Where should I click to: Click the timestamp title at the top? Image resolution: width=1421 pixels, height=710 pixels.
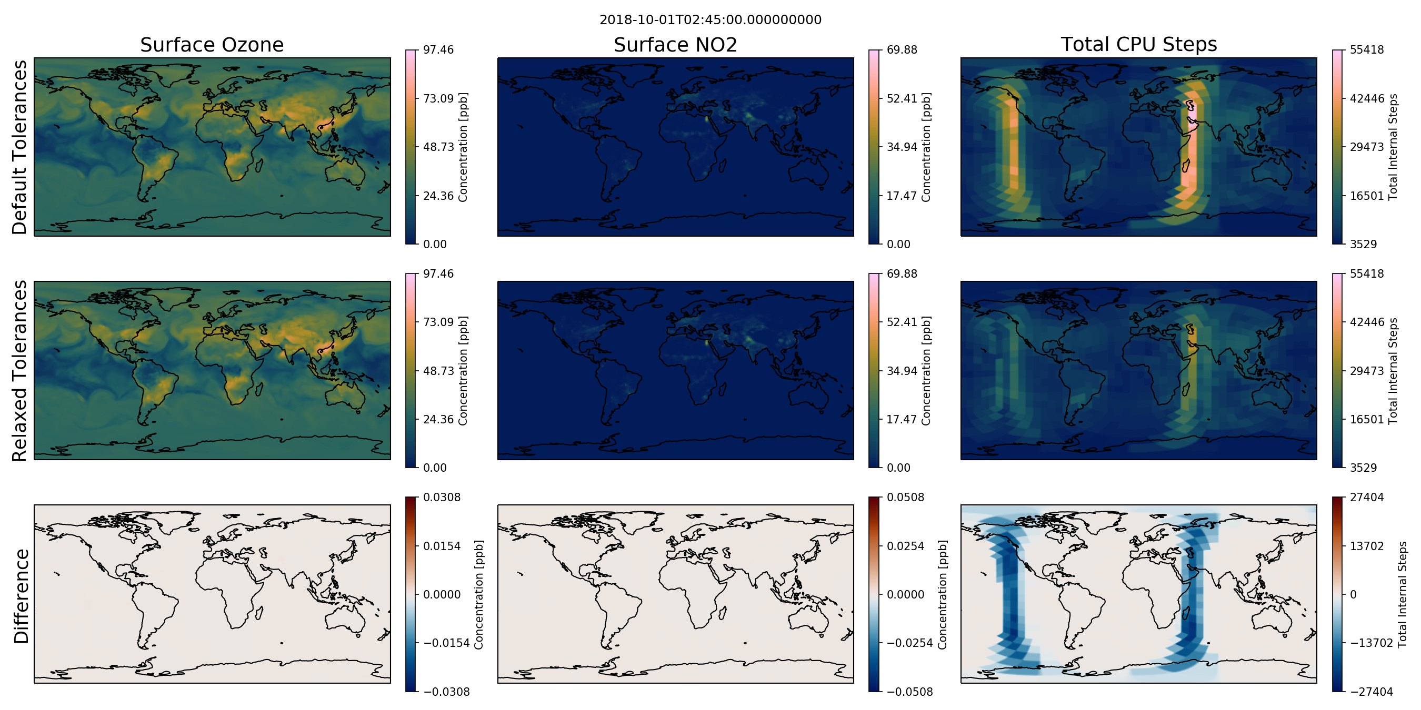(x=710, y=20)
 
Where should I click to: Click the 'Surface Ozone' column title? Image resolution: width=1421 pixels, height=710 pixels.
(x=212, y=45)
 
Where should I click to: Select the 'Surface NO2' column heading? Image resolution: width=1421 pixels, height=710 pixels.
(x=675, y=45)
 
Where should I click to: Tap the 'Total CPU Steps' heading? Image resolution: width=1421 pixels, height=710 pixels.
(x=1138, y=44)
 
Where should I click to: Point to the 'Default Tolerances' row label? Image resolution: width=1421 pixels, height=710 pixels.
(x=19, y=147)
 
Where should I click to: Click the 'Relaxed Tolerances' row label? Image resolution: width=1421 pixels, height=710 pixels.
(x=19, y=370)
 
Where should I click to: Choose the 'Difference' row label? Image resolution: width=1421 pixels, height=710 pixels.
(x=21, y=596)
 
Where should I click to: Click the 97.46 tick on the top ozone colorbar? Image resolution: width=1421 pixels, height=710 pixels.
(x=438, y=49)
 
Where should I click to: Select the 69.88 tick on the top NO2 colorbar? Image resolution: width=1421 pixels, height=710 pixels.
(x=902, y=49)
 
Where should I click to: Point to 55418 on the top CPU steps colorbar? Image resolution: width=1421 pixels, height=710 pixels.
(x=1366, y=49)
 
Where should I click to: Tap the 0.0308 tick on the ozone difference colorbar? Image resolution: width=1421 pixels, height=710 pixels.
(x=442, y=497)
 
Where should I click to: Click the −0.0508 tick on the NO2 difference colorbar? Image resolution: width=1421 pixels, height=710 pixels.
(x=909, y=692)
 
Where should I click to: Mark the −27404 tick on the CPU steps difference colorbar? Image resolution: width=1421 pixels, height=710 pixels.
(x=1371, y=692)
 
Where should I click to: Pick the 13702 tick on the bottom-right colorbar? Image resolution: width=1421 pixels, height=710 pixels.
(x=1366, y=546)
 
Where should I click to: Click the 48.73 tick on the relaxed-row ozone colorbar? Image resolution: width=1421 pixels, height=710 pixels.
(x=438, y=370)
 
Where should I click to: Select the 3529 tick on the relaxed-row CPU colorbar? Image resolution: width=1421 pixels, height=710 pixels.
(x=1363, y=468)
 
